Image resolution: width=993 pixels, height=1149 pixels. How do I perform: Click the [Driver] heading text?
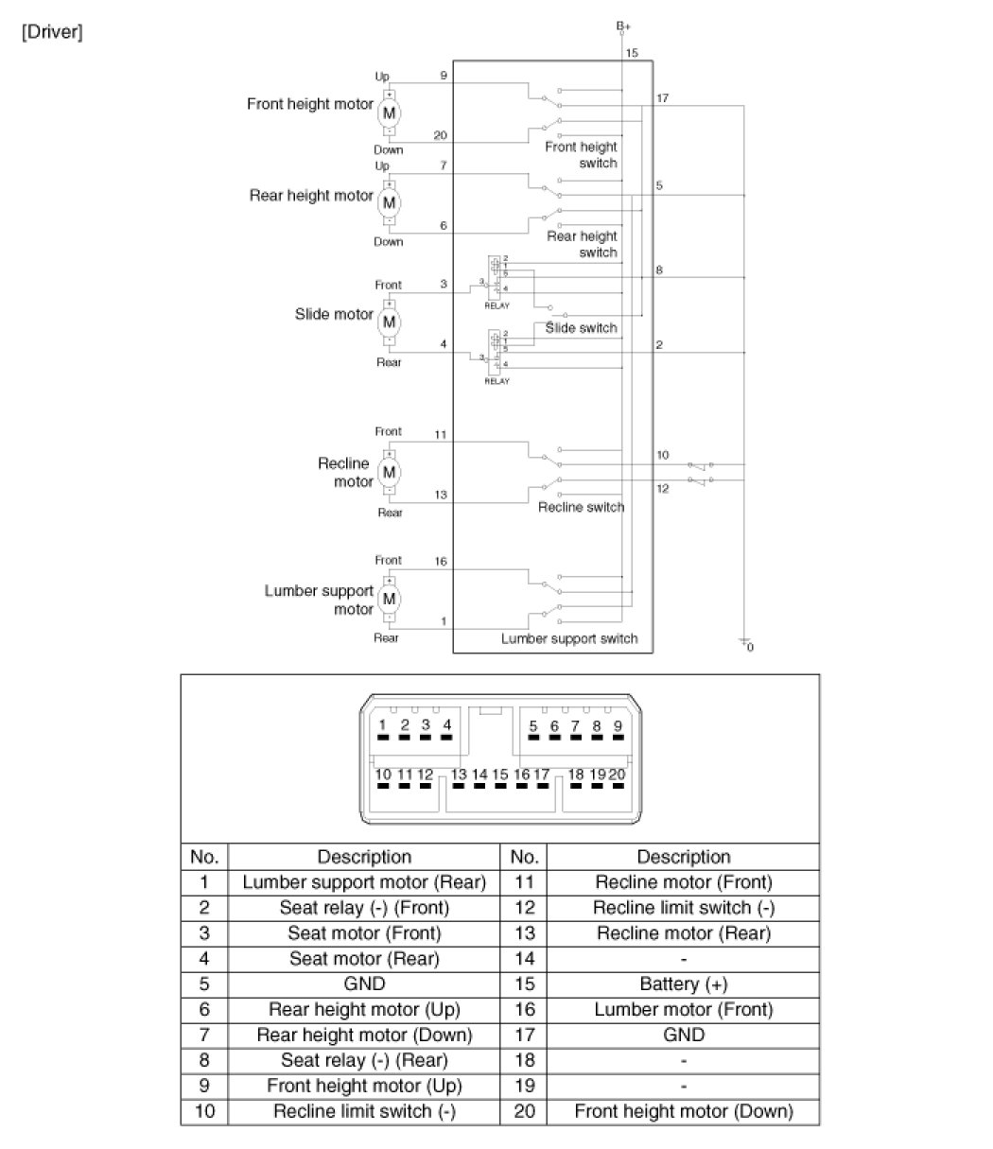[51, 33]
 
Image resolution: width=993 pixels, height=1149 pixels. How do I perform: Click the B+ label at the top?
[623, 26]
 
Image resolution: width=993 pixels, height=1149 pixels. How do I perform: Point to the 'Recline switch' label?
[581, 507]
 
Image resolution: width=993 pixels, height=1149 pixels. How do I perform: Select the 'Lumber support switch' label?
[569, 638]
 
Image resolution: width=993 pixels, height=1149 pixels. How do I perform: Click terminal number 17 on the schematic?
[662, 97]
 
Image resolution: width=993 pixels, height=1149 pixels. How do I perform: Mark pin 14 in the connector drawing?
[479, 775]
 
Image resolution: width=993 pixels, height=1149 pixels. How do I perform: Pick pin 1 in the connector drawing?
[383, 725]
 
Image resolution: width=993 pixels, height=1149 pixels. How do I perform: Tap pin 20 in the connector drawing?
[618, 775]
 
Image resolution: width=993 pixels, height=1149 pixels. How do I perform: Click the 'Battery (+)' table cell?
[683, 984]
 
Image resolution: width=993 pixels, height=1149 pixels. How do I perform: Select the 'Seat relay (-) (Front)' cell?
[364, 908]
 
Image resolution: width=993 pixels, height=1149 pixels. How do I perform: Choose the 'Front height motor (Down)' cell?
[683, 1112]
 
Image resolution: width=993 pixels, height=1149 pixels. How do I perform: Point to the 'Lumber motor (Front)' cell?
[683, 1010]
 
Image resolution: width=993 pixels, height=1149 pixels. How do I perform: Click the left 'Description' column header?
[364, 857]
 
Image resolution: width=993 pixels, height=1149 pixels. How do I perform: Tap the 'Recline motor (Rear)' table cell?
[683, 933]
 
